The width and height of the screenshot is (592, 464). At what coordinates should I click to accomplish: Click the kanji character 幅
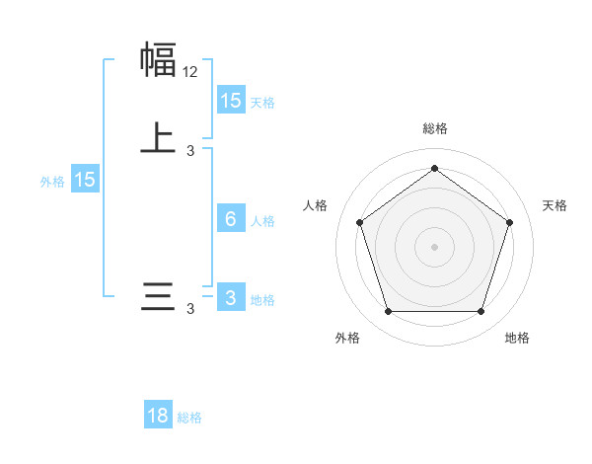pyautogui.click(x=158, y=59)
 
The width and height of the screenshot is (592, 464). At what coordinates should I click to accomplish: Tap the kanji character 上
pyautogui.click(x=158, y=138)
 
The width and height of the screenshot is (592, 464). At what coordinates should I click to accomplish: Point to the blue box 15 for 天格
pyautogui.click(x=231, y=100)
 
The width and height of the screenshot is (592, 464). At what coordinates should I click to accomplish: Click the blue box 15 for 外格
pyautogui.click(x=85, y=180)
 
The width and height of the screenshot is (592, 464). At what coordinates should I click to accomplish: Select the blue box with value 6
pyautogui.click(x=231, y=219)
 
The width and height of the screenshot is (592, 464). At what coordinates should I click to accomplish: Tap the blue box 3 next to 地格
pyautogui.click(x=231, y=298)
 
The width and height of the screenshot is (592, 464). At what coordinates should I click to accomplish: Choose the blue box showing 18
pyautogui.click(x=158, y=416)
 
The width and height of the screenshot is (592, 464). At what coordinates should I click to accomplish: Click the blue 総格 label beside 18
pyautogui.click(x=189, y=418)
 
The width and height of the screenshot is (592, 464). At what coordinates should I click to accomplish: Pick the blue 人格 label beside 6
pyautogui.click(x=263, y=221)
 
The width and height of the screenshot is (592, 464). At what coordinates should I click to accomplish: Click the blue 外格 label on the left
pyautogui.click(x=52, y=182)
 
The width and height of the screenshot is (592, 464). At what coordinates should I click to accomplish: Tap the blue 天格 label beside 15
pyautogui.click(x=262, y=102)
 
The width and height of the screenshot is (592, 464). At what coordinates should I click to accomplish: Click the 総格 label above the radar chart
pyautogui.click(x=434, y=128)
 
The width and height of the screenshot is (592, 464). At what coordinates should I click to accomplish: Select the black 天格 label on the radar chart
pyautogui.click(x=555, y=205)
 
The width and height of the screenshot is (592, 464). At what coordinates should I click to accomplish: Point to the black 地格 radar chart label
pyautogui.click(x=517, y=338)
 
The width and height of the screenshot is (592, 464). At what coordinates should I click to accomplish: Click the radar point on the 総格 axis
pyautogui.click(x=434, y=168)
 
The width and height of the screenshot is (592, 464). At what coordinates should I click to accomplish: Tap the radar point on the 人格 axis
pyautogui.click(x=359, y=222)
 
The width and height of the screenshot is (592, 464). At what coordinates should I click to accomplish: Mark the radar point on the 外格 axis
pyautogui.click(x=388, y=311)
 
